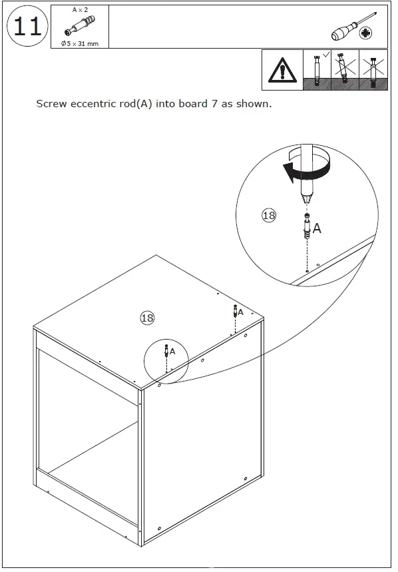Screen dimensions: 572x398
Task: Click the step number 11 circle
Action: (27, 27)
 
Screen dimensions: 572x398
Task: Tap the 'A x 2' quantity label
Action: (80, 10)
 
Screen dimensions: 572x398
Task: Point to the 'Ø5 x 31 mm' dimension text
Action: (80, 43)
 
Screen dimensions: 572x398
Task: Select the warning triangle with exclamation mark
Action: (282, 70)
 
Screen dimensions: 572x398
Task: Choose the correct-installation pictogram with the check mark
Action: (317, 70)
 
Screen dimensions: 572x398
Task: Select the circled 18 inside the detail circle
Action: (269, 215)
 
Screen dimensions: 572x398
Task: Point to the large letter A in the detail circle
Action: (317, 228)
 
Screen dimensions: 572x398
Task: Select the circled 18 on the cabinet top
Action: (147, 318)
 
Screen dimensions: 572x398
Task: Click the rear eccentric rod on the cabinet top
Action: (234, 311)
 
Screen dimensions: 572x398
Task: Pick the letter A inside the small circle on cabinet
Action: (172, 351)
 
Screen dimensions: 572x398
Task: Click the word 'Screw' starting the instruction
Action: (51, 104)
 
